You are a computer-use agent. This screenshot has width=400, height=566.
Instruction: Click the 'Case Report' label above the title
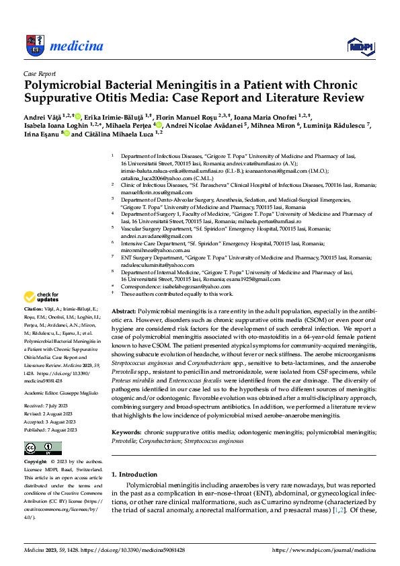[40, 73]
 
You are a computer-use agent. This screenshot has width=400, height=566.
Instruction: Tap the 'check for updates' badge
[42, 297]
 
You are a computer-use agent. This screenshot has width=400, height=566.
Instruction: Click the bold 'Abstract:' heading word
[123, 313]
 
